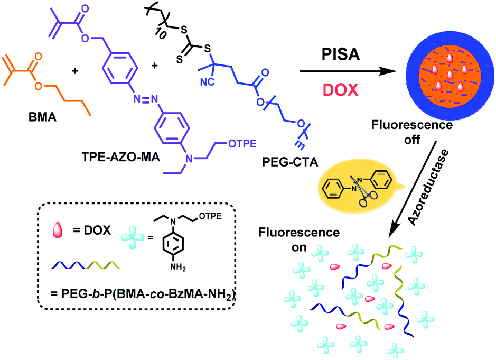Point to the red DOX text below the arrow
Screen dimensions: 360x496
click(x=341, y=90)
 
